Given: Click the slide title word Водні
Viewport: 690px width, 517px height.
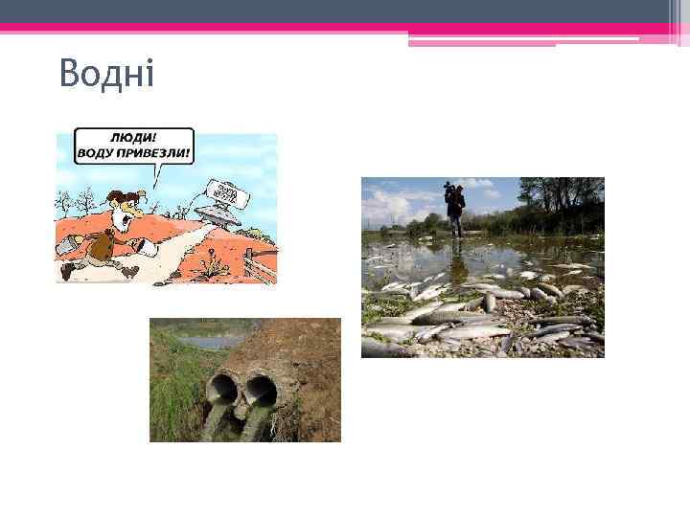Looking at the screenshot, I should point(106,74).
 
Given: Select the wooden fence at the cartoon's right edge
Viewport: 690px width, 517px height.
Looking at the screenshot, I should point(259,260).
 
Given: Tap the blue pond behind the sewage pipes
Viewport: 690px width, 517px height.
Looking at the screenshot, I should point(211,341).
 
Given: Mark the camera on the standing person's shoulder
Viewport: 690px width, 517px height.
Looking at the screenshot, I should point(449,191).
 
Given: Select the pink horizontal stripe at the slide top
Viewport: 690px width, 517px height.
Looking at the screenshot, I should point(345,28).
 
